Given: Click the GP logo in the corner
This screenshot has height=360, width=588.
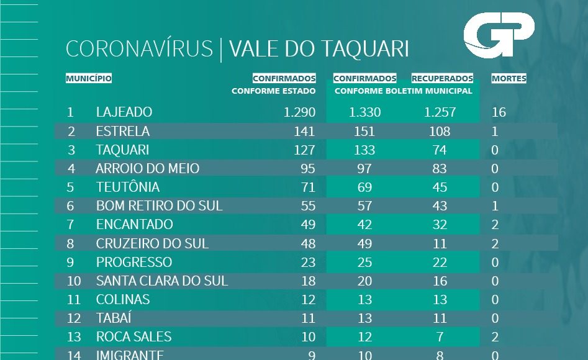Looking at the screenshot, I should pyautogui.click(x=499, y=38).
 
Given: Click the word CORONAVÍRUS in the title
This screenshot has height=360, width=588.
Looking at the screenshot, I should pyautogui.click(x=139, y=50).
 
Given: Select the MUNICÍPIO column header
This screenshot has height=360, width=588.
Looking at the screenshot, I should pyautogui.click(x=89, y=79).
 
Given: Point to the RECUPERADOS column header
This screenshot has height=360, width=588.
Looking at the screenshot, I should pyautogui.click(x=442, y=79).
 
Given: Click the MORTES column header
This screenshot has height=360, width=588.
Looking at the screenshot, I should pyautogui.click(x=509, y=79).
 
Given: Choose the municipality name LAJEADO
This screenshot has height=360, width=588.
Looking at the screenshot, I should pyautogui.click(x=124, y=112).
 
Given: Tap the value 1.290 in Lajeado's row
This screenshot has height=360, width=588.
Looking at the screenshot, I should pyautogui.click(x=299, y=112).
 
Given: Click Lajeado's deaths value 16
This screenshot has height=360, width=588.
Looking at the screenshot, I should pyautogui.click(x=499, y=112).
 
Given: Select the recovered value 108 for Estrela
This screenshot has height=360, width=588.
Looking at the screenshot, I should pyautogui.click(x=440, y=132).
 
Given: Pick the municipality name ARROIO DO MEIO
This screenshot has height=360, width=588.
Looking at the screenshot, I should pyautogui.click(x=148, y=169).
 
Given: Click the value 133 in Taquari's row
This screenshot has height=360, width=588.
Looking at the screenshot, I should pyautogui.click(x=364, y=150).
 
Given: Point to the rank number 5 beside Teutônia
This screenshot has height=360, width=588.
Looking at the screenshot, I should pyautogui.click(x=70, y=187).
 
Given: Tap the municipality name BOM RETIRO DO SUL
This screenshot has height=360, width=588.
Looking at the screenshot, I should pyautogui.click(x=159, y=206).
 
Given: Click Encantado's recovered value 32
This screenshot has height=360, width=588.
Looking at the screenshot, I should pyautogui.click(x=440, y=225).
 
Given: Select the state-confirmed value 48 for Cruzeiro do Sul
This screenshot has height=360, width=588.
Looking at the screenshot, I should pyautogui.click(x=307, y=243).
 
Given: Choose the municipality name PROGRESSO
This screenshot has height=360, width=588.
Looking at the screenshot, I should pyautogui.click(x=134, y=262).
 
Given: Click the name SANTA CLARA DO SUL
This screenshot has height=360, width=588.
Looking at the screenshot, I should pyautogui.click(x=162, y=281).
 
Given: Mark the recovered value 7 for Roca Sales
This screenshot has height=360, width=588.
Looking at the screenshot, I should pyautogui.click(x=440, y=337).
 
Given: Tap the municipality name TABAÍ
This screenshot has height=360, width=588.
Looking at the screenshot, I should pyautogui.click(x=113, y=318).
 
